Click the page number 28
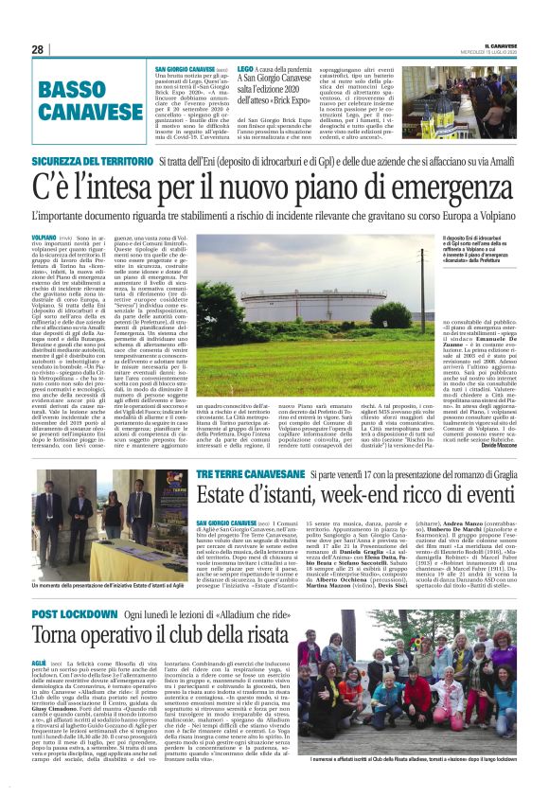point(38,49)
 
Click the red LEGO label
point(245,70)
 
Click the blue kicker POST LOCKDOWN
point(74,614)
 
